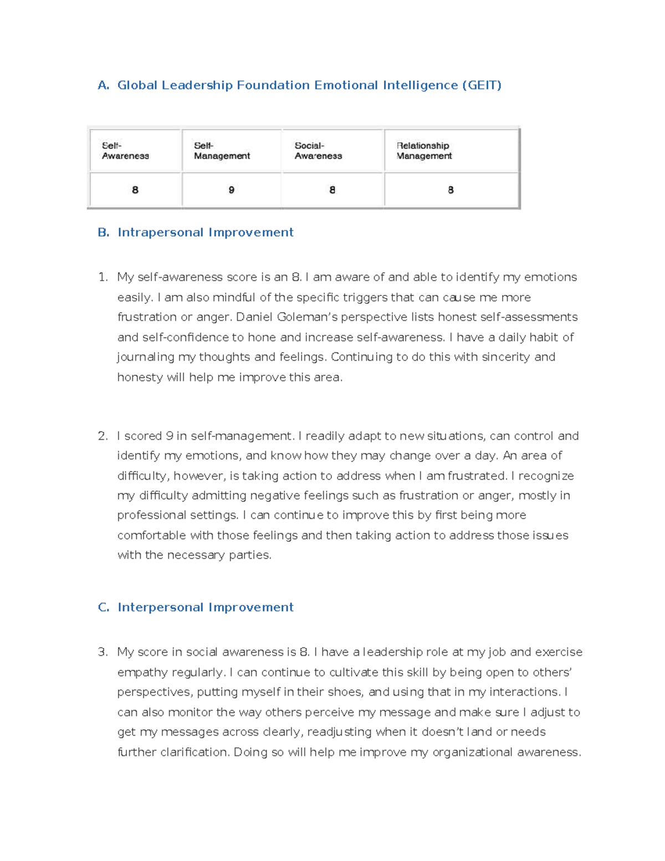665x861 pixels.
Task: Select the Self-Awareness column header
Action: (x=125, y=151)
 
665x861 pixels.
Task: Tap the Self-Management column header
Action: (x=222, y=151)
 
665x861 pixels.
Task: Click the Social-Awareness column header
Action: (x=318, y=151)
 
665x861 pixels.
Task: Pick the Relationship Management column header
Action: (x=424, y=151)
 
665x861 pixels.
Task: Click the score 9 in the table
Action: (x=232, y=190)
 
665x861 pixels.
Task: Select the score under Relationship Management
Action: (x=451, y=190)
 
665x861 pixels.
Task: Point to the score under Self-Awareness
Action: (x=135, y=190)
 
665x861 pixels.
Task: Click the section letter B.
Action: (x=103, y=233)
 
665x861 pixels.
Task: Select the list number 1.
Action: (x=102, y=277)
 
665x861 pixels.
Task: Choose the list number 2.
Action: (x=102, y=436)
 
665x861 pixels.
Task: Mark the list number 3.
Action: (x=102, y=653)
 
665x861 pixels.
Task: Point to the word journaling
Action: (x=145, y=358)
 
